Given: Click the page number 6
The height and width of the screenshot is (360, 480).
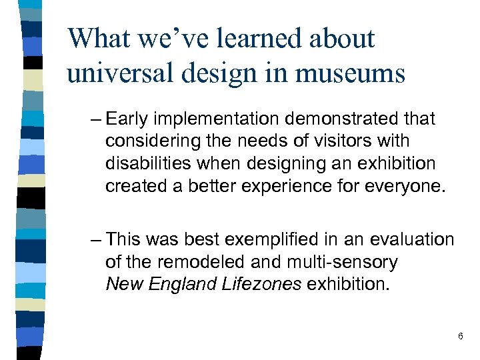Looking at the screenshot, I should pyautogui.click(x=460, y=337).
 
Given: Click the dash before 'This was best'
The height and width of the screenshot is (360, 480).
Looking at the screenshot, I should pyautogui.click(x=94, y=239).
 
